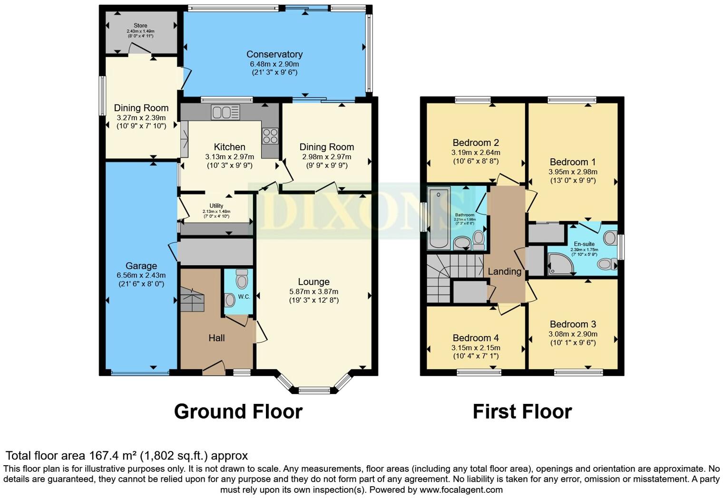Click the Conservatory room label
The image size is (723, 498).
274,54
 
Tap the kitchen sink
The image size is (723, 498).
225,113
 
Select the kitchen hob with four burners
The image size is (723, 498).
270,136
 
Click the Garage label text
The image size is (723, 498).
141,266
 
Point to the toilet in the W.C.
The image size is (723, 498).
242,280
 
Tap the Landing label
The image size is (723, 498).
504,271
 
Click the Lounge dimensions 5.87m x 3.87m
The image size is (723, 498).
313,291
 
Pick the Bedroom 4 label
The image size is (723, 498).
476,338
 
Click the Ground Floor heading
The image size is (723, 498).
238,412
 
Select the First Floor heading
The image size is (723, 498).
522,412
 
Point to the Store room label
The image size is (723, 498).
140,26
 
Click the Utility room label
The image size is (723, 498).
216,206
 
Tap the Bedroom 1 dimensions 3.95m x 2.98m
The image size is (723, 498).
573,172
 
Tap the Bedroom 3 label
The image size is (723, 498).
573,324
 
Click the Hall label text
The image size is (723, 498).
216,338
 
